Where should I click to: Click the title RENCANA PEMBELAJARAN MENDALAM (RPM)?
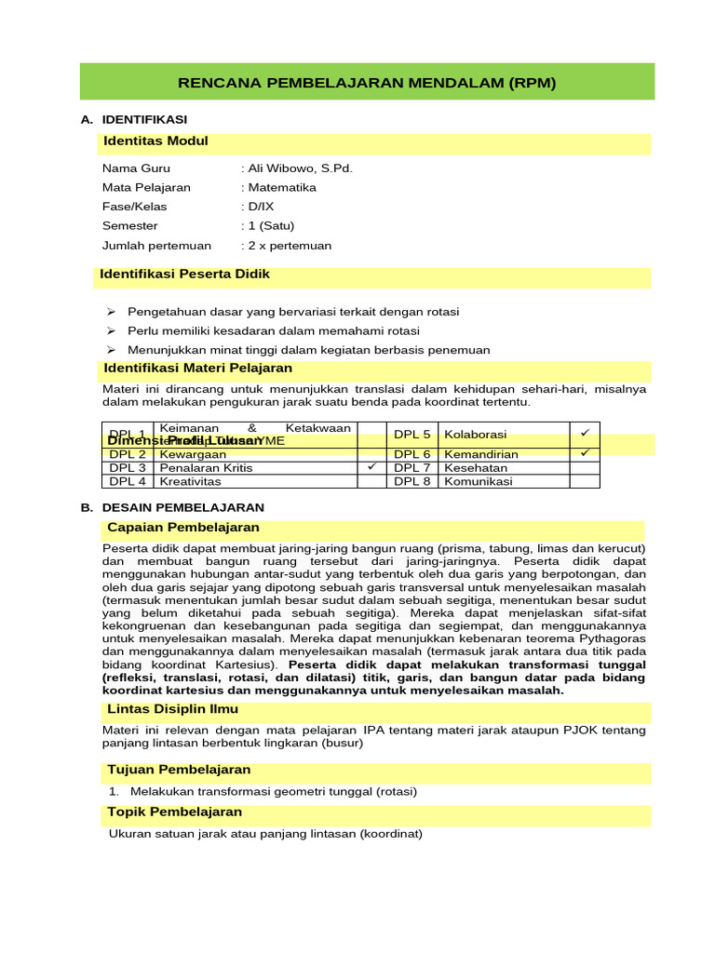367,83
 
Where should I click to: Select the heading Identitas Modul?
155,141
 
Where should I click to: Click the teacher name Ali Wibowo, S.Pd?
299,168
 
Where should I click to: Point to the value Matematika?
280,187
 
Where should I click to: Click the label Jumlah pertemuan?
156,246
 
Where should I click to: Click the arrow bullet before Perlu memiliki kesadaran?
109,330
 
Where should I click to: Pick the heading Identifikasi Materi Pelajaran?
197,369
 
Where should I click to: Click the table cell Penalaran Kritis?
206,467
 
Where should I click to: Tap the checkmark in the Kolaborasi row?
585,434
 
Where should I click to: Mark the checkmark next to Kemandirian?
585,453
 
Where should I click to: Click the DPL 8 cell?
412,481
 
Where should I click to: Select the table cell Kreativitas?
193,481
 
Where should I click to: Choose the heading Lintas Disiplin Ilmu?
172,709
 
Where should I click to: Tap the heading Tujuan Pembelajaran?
179,770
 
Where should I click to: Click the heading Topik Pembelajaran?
174,812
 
